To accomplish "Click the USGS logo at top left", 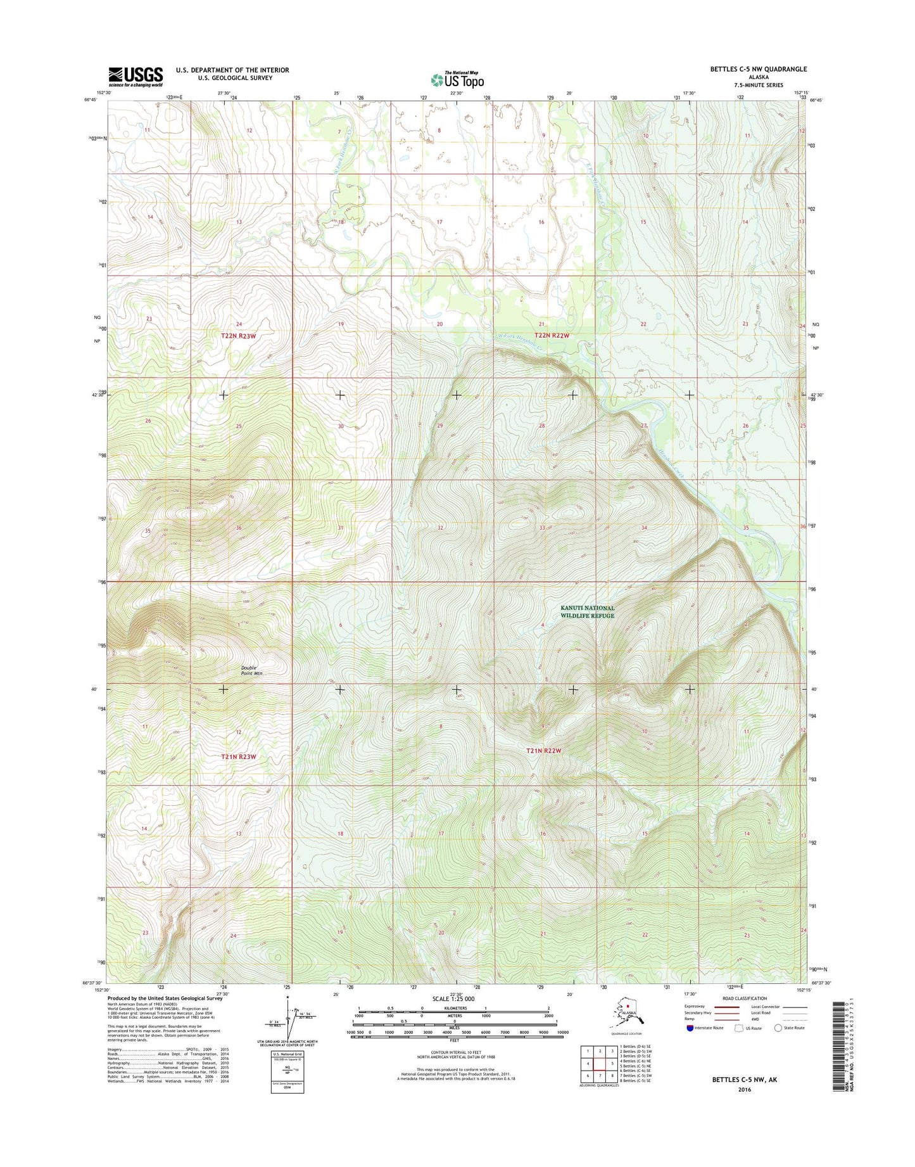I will pos(136,77).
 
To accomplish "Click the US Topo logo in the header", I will pos(457,79).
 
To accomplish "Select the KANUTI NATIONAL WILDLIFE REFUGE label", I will pos(587,611).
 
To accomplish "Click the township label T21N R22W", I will pos(544,751).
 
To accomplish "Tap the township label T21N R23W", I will pos(239,756).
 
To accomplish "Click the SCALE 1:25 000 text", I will pos(453,998).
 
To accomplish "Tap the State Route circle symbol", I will pos(778,1028).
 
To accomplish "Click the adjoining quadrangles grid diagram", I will pos(599,1065).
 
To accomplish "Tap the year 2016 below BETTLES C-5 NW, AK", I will pos(744,1090).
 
